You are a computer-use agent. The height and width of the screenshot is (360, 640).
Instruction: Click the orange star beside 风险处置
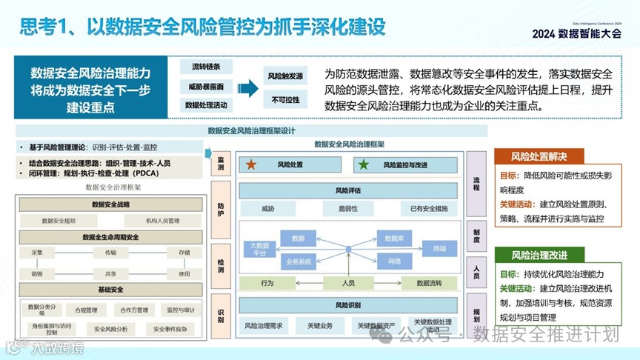tap(252, 165)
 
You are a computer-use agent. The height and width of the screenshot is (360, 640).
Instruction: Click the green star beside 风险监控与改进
tap(363, 165)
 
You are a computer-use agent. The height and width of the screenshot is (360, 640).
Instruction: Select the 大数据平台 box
tap(259, 250)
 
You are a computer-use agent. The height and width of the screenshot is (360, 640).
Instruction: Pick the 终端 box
tap(439, 249)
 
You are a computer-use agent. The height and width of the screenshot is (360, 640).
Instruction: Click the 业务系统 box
tap(299, 261)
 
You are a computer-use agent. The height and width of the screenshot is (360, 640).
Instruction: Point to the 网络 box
tap(394, 261)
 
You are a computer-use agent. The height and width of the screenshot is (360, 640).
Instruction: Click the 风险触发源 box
tap(285, 76)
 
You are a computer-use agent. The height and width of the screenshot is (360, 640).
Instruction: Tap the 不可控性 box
tap(285, 100)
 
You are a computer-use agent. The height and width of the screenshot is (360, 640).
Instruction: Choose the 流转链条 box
tap(206, 67)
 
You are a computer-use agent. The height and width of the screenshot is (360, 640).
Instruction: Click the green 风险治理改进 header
tap(539, 255)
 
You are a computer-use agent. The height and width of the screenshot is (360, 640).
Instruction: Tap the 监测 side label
tap(221, 164)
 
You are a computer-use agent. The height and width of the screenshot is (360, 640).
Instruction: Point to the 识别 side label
tap(221, 316)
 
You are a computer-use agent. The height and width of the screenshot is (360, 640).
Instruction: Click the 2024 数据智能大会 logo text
tap(576, 33)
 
